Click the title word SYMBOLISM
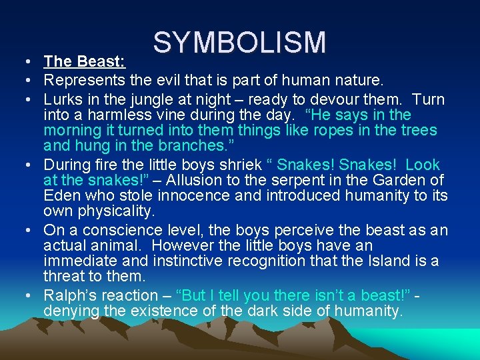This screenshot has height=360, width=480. tap(239, 43)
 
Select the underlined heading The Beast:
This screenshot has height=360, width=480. tap(84, 62)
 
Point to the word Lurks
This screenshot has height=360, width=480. tap(62, 99)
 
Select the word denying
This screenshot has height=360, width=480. tap(70, 311)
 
